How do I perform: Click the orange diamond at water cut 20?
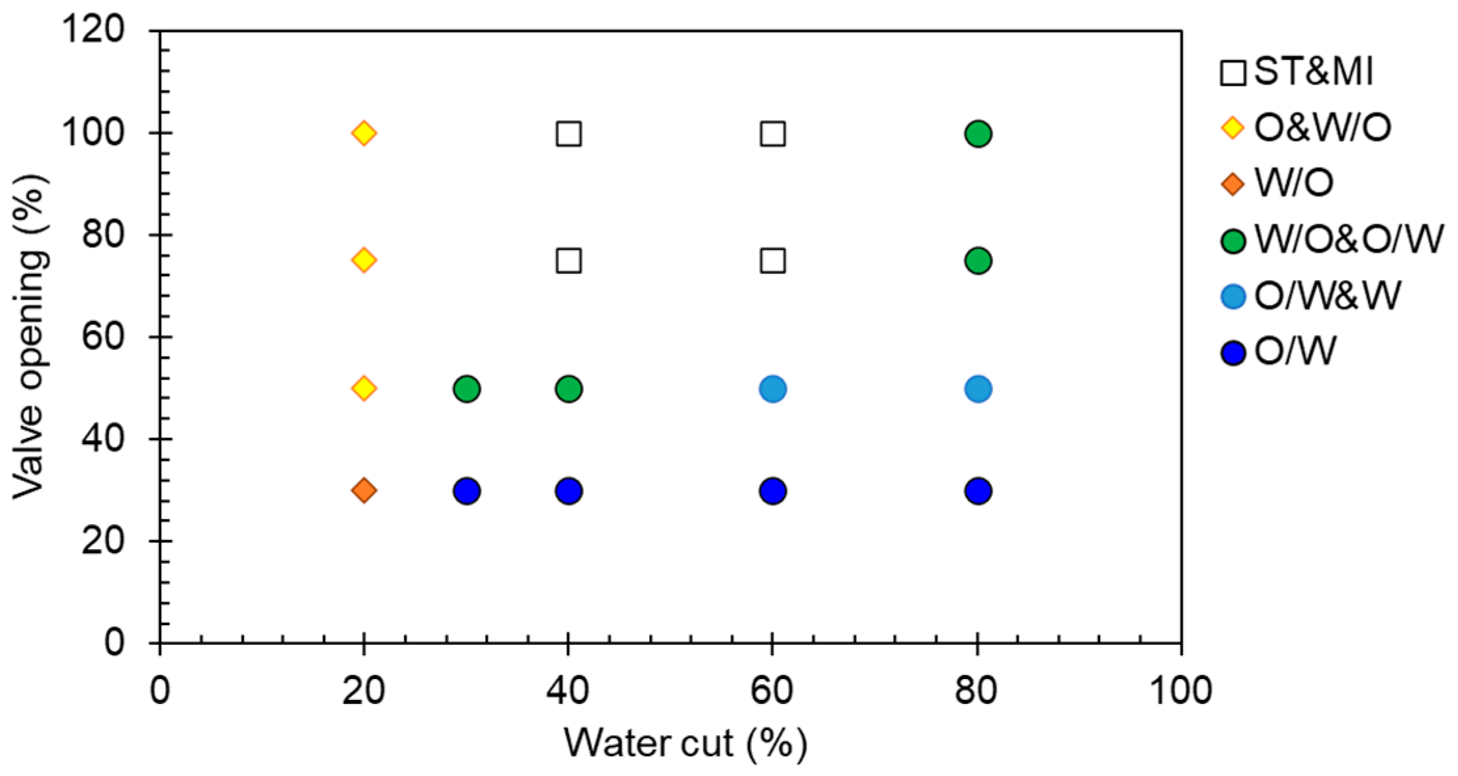click(x=364, y=490)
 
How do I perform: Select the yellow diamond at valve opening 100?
click(x=364, y=134)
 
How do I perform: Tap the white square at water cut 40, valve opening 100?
click(x=568, y=134)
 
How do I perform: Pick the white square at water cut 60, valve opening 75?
click(x=773, y=261)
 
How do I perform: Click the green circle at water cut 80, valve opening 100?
click(x=977, y=134)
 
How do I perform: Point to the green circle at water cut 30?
click(x=466, y=389)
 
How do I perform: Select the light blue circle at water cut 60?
click(x=773, y=389)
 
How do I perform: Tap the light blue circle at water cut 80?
click(x=977, y=389)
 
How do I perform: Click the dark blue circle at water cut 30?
click(x=466, y=490)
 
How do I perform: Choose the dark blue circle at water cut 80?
click(x=977, y=490)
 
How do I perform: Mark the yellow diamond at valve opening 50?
click(x=364, y=389)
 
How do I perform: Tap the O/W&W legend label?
click(x=1328, y=296)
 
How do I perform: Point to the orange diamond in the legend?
click(x=1232, y=184)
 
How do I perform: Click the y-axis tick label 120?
click(x=94, y=30)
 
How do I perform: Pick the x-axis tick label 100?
click(x=1181, y=691)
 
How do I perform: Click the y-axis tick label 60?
click(x=103, y=337)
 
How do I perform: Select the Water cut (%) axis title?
click(x=685, y=744)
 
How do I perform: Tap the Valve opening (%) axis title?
click(x=31, y=337)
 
